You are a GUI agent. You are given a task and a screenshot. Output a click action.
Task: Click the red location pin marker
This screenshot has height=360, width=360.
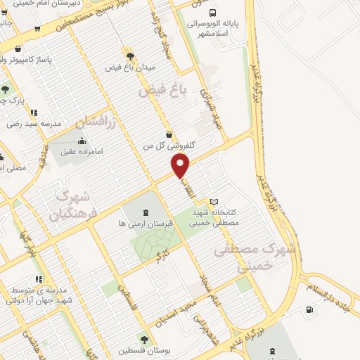click(x=181, y=167)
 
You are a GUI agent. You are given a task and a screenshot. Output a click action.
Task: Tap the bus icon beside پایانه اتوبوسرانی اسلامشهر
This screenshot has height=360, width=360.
click(x=213, y=12)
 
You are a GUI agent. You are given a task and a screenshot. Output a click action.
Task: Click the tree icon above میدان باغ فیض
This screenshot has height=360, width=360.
click(x=129, y=56)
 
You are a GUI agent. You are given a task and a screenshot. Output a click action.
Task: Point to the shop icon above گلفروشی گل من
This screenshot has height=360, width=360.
click(x=167, y=134)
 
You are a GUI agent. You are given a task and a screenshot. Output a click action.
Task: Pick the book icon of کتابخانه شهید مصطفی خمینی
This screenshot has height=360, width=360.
click(x=214, y=202)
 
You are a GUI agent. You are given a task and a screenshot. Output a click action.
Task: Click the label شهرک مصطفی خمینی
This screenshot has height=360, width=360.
click(x=246, y=258)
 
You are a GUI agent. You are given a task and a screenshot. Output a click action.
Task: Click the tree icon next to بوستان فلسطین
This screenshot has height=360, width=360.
click(x=144, y=339)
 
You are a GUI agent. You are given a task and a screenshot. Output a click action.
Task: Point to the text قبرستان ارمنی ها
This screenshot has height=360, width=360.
click(x=141, y=223)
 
